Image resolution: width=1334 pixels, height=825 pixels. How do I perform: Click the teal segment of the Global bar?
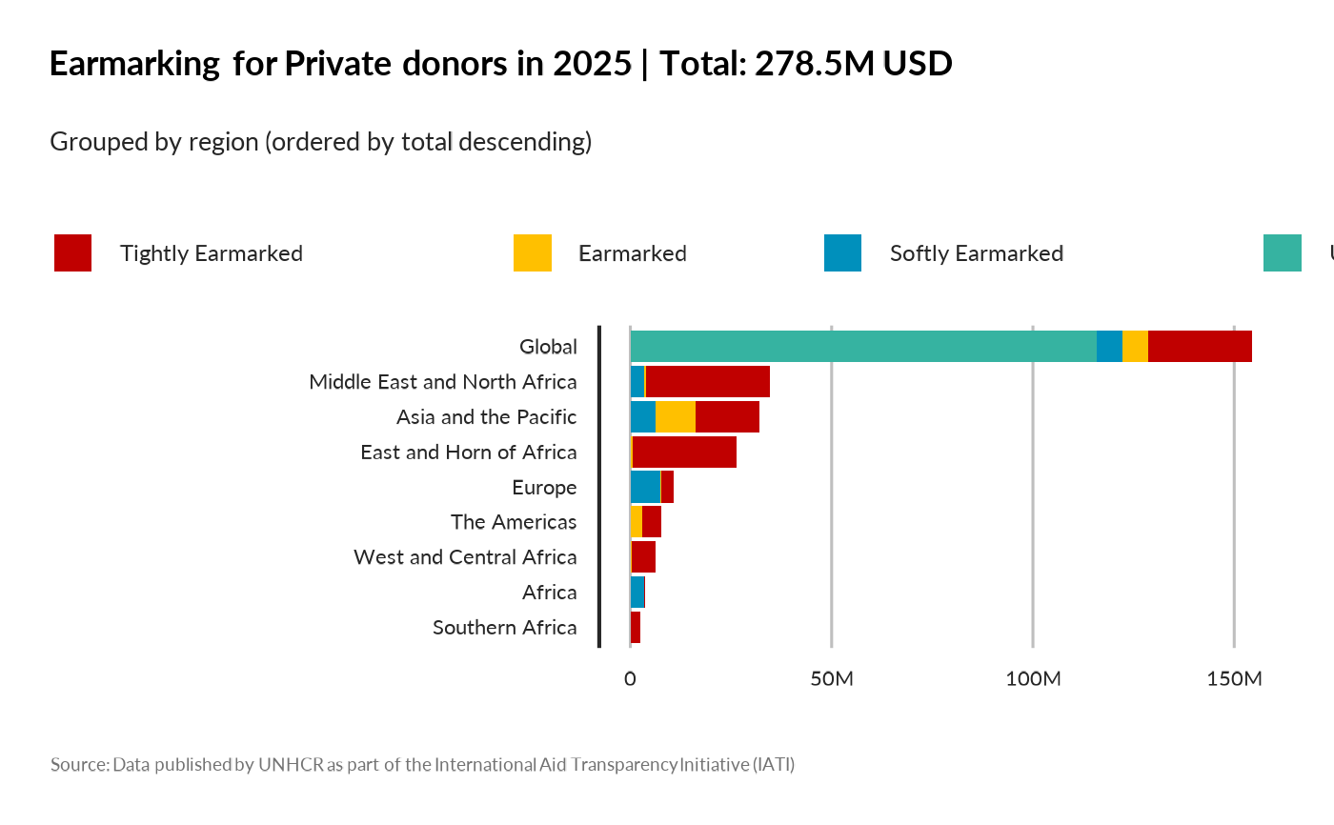click(x=863, y=346)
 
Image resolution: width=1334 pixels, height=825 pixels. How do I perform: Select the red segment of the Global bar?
click(x=1200, y=346)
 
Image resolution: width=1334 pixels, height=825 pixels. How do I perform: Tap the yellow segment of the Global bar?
click(x=1135, y=346)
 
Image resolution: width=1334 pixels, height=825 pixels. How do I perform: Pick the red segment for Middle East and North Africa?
click(x=707, y=381)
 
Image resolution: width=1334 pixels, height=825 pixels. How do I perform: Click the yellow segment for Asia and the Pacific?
click(x=676, y=416)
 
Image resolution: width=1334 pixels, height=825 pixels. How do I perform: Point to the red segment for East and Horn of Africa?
click(x=684, y=452)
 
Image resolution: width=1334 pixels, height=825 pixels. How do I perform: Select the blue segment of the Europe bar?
click(x=645, y=487)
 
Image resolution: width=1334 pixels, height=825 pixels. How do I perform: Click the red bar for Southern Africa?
click(x=636, y=627)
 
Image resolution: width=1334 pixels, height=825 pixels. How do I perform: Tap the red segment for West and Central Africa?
click(x=643, y=556)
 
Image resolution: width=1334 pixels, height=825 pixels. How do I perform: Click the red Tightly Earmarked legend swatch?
click(x=73, y=252)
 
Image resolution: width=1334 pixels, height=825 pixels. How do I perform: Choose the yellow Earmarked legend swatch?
click(x=532, y=252)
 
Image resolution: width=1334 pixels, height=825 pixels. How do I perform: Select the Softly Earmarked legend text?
click(x=976, y=253)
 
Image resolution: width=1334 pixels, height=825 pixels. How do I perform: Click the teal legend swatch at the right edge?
click(x=1282, y=252)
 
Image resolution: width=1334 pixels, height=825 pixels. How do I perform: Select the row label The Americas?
click(x=514, y=522)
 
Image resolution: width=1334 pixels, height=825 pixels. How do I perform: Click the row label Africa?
click(x=549, y=593)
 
